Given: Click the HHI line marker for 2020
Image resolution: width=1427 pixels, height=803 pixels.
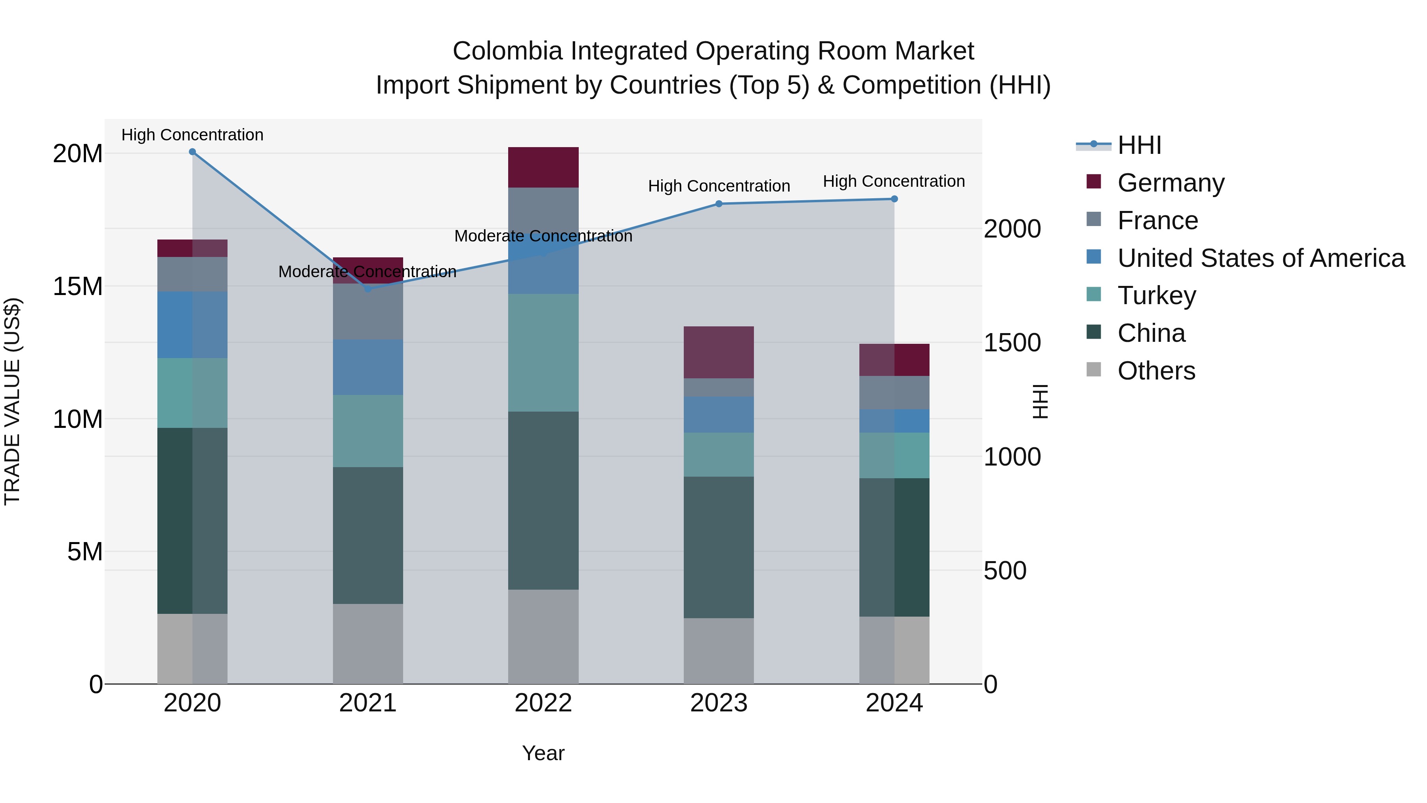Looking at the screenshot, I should (192, 152).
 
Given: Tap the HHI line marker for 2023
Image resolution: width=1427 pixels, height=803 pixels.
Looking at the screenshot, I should (719, 204).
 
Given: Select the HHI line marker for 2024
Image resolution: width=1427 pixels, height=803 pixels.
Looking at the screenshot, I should (894, 199).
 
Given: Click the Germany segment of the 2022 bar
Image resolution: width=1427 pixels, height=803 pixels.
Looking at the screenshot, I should (543, 167).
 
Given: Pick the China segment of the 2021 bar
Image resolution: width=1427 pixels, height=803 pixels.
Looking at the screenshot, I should (368, 535).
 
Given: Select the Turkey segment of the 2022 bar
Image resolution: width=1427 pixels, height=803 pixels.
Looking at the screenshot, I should (543, 353).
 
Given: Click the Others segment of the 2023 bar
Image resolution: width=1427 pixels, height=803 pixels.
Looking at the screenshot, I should (719, 651).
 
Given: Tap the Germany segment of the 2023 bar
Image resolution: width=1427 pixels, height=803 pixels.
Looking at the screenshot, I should (719, 353).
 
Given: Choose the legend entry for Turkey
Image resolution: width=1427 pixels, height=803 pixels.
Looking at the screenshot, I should (1156, 295).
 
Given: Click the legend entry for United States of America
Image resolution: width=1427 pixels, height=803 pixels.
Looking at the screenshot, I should (1260, 258).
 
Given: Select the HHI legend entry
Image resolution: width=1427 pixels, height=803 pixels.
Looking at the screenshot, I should (1139, 145).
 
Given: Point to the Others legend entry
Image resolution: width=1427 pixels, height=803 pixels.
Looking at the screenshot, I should (1155, 371).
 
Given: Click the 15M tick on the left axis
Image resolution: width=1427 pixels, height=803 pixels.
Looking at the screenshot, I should (78, 287).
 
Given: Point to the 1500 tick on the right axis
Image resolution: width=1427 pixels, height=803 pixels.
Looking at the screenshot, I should (1012, 343).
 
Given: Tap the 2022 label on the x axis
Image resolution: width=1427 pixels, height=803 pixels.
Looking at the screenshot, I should (543, 703).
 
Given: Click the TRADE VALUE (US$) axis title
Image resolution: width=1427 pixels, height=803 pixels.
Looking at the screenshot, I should (13, 401).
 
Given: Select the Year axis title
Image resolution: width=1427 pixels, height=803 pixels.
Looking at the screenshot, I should (543, 753).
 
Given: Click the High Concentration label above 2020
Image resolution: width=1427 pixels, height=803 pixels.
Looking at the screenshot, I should (192, 135).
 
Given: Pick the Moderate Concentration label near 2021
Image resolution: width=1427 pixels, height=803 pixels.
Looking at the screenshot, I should (367, 272).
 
